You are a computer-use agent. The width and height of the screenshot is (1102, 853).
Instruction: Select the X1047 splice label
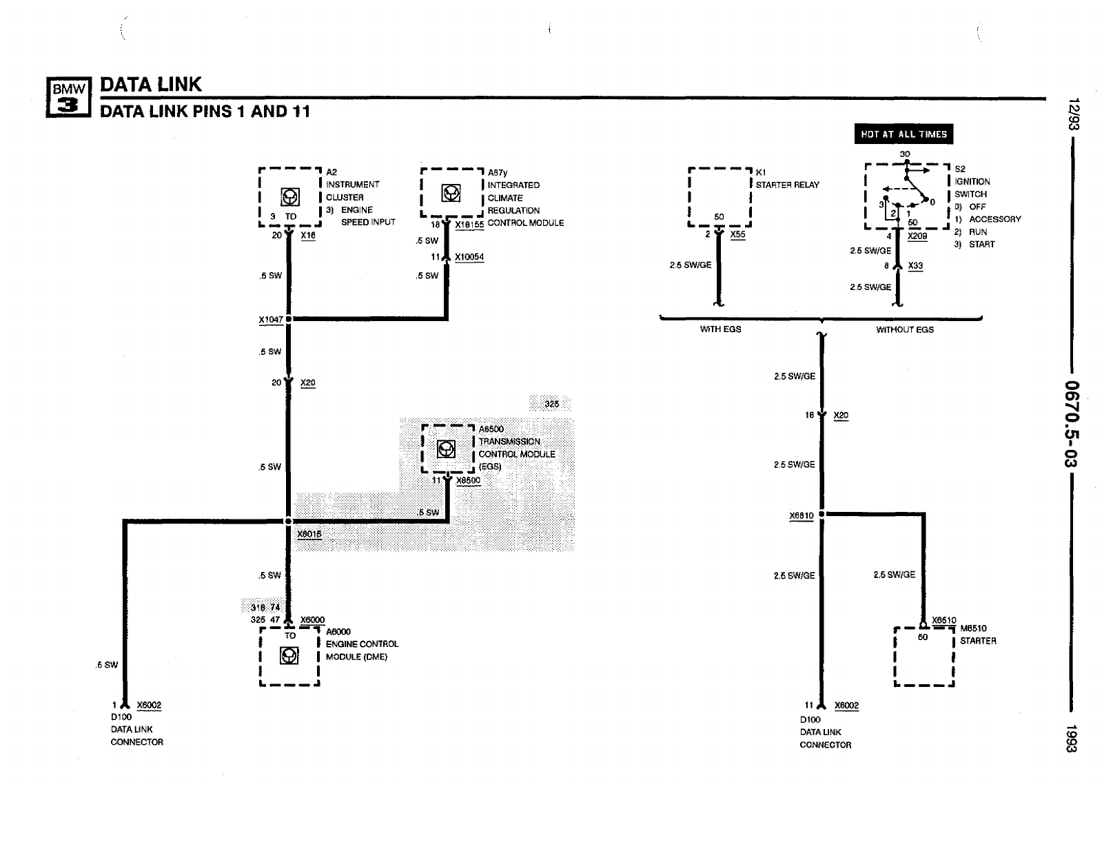point(270,320)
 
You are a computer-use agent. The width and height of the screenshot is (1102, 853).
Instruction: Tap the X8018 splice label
point(309,534)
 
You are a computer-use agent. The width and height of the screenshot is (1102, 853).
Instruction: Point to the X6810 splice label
point(802,515)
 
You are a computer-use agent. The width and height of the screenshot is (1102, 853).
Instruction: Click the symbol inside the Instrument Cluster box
point(290,197)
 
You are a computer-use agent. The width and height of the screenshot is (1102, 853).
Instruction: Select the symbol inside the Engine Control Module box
point(289,655)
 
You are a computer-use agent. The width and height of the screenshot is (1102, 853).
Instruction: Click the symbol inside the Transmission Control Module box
point(447,450)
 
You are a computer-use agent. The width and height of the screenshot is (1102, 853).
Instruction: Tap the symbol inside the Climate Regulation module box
point(451,194)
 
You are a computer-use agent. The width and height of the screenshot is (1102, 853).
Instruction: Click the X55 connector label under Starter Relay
point(737,234)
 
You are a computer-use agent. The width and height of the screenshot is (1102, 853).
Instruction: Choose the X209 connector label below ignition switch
point(917,236)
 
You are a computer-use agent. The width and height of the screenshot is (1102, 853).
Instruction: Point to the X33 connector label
point(915,265)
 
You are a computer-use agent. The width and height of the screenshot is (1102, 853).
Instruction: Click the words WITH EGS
point(720,329)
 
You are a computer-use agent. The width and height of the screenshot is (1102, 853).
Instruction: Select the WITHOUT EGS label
point(904,330)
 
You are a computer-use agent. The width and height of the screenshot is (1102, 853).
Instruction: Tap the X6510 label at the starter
point(943,620)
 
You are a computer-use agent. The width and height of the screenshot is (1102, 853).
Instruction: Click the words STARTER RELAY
point(787,185)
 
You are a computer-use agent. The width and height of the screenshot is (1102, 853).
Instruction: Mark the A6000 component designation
point(338,631)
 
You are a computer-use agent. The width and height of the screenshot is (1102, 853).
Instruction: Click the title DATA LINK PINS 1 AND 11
point(205,112)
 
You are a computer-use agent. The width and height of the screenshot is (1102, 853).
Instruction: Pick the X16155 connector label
point(469,224)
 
